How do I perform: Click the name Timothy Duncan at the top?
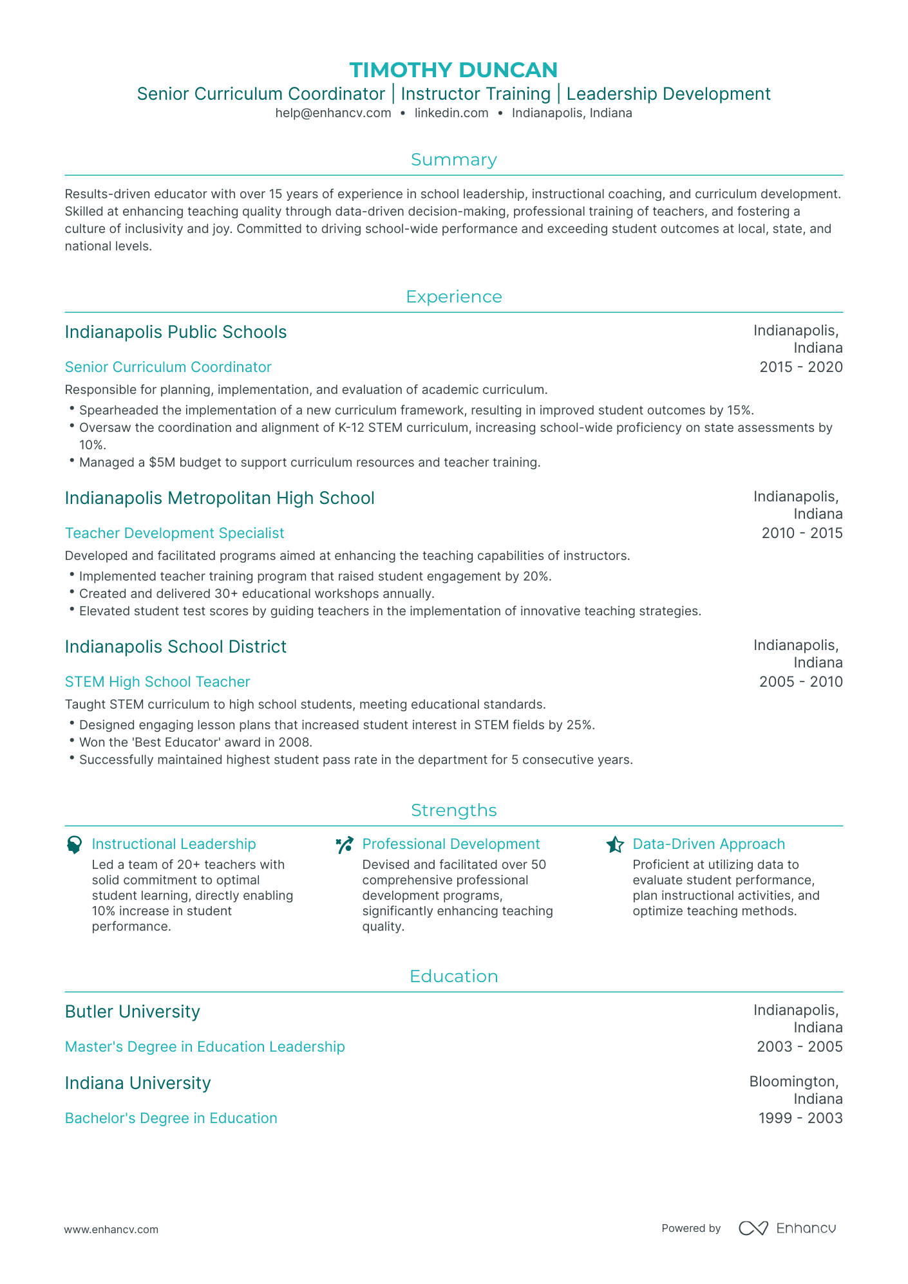(453, 70)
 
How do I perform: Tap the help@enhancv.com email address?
(333, 113)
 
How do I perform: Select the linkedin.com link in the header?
(451, 113)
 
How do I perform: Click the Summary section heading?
(453, 160)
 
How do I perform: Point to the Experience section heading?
(453, 297)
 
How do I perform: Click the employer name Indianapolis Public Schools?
(176, 332)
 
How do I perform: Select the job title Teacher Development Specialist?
(175, 533)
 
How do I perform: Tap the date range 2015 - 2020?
(800, 367)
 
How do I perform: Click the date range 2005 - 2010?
(800, 682)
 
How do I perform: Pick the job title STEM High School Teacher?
(157, 682)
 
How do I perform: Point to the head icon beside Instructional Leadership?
(74, 844)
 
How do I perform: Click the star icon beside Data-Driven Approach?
(615, 844)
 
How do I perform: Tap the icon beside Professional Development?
(345, 844)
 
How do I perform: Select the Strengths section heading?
(453, 810)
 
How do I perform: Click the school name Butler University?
(133, 1012)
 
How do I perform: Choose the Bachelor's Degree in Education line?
(171, 1118)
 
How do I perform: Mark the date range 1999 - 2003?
(800, 1118)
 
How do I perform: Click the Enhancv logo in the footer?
(787, 1228)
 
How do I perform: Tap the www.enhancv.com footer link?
(111, 1229)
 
